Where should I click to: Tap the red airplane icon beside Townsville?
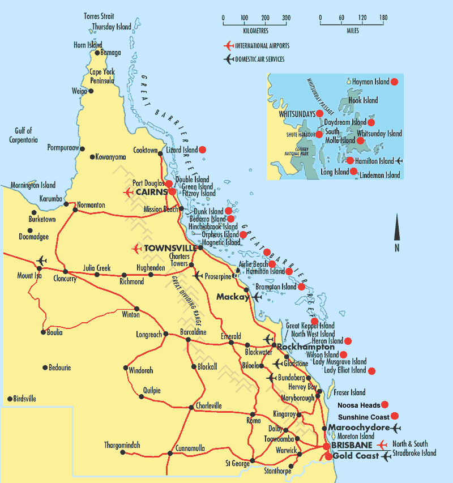click(136, 249)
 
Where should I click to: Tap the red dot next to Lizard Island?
click(202, 149)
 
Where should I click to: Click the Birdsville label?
click(24, 399)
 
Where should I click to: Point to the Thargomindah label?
click(122, 445)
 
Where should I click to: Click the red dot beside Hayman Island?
click(395, 82)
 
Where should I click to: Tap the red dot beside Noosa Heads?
click(385, 405)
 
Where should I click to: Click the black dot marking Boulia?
click(43, 332)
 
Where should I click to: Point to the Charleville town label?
click(209, 405)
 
